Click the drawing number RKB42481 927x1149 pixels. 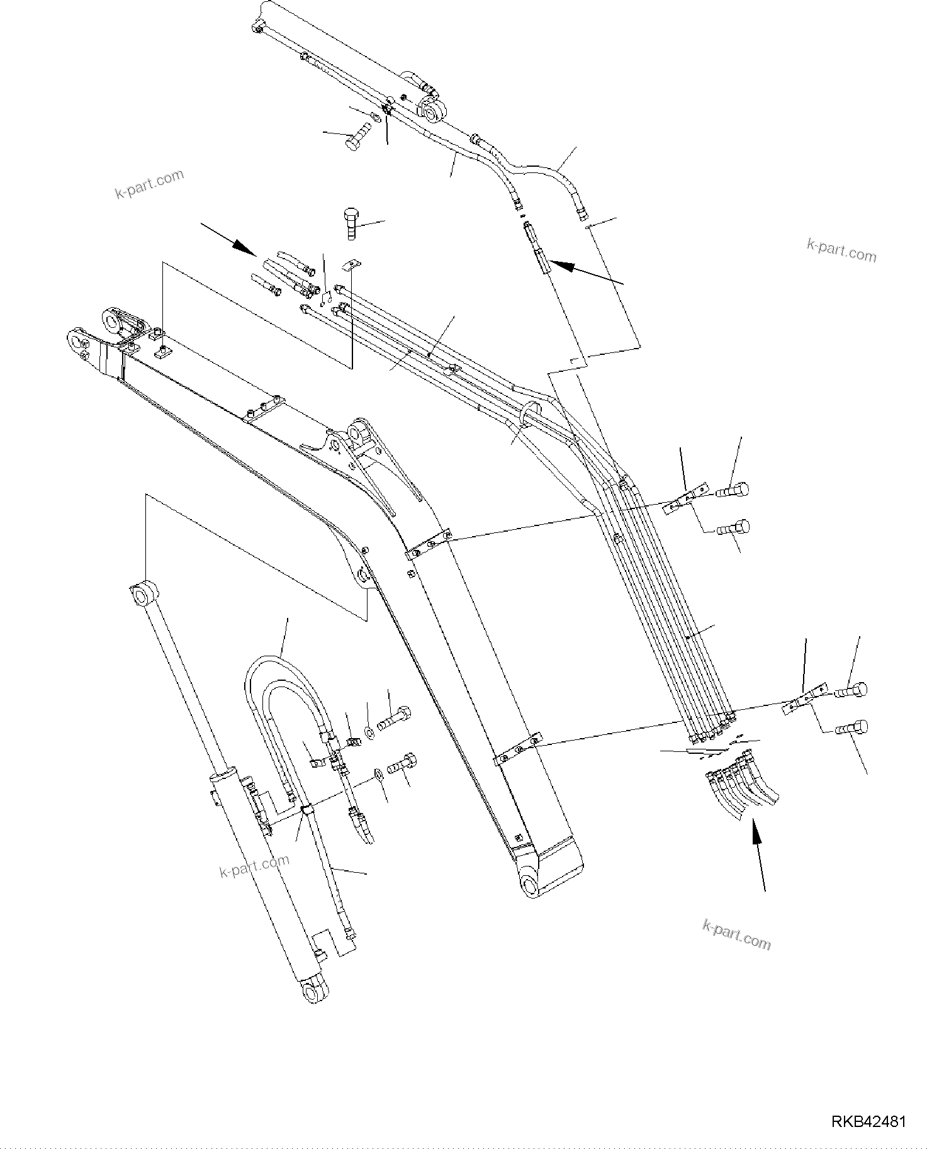868,1122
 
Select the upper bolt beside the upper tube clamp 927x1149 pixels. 733,490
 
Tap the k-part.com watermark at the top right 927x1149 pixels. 841,250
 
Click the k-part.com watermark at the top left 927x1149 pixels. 150,183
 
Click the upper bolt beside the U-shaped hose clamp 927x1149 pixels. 395,718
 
